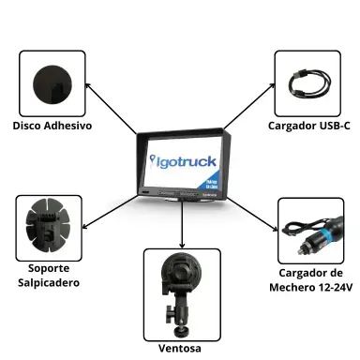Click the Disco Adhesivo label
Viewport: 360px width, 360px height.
click(52, 125)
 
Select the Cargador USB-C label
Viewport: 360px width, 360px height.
click(308, 125)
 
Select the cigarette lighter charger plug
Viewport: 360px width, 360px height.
click(310, 230)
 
